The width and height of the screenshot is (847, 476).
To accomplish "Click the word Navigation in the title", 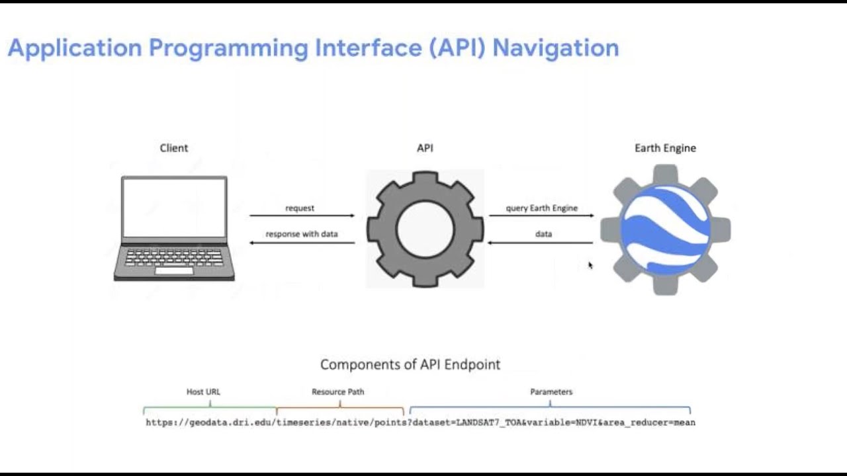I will point(556,48).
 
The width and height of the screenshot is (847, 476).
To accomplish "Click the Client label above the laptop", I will point(174,148).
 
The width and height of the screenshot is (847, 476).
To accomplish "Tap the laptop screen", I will point(175,208).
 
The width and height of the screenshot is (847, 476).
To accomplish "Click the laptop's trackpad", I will point(174,270).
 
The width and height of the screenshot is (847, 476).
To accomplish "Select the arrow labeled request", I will point(302,216).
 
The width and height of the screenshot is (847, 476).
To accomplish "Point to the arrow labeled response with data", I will point(302,243).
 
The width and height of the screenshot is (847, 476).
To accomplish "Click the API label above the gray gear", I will point(425,148).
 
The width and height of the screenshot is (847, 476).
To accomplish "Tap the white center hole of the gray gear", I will point(425,229).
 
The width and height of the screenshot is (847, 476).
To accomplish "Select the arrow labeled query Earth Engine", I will point(541,216).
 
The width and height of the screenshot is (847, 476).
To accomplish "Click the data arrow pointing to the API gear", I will point(541,243).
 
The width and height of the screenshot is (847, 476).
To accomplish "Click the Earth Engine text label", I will point(665,148).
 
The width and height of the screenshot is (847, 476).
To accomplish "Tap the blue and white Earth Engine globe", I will point(665,229).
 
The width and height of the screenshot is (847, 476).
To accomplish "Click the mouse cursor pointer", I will point(590,265).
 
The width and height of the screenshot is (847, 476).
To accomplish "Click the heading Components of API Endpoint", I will point(410,364).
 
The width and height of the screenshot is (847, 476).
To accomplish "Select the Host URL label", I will point(203,392).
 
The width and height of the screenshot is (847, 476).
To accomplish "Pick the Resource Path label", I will point(337,392).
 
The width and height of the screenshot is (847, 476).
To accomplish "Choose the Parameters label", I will point(551,392).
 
